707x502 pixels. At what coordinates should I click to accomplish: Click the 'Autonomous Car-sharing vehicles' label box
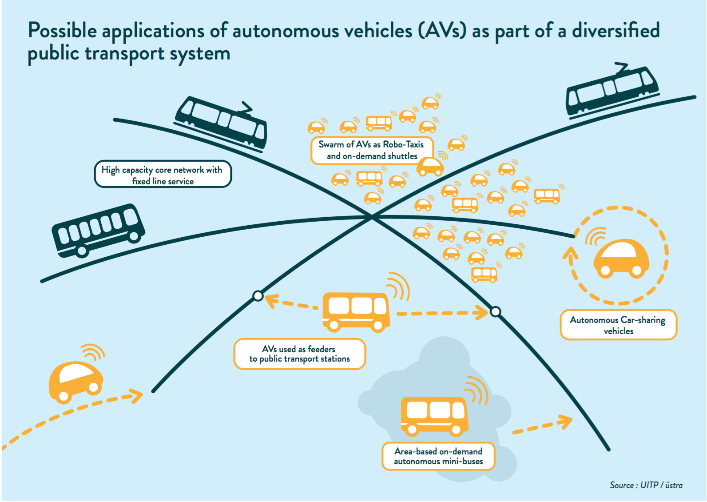pyautogui.click(x=618, y=325)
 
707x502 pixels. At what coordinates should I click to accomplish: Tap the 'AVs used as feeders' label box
pyautogui.click(x=299, y=354)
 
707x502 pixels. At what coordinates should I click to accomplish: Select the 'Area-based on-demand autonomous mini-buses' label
pyautogui.click(x=438, y=456)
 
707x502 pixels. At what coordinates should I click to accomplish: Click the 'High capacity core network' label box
pyautogui.click(x=163, y=174)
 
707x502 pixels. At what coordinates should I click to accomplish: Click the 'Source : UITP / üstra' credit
pyautogui.click(x=646, y=485)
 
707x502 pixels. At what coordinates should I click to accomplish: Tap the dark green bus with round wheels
pyautogui.click(x=99, y=230)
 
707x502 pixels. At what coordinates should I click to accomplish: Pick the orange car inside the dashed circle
pyautogui.click(x=621, y=259)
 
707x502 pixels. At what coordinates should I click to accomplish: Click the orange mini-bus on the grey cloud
pyautogui.click(x=434, y=415)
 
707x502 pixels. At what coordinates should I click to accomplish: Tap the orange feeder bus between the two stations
pyautogui.click(x=356, y=311)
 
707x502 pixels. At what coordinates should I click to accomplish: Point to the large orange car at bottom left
pyautogui.click(x=75, y=380)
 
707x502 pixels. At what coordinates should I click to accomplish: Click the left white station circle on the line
pyautogui.click(x=258, y=296)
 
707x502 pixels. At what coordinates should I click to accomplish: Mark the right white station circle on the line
pyautogui.click(x=495, y=312)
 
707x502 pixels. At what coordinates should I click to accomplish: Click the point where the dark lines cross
pyautogui.click(x=372, y=216)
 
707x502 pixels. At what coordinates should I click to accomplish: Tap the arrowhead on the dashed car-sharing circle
pyautogui.click(x=571, y=253)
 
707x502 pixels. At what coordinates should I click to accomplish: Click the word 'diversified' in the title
pyautogui.click(x=616, y=31)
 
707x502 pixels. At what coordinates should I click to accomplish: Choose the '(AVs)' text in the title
pyautogui.click(x=442, y=31)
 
